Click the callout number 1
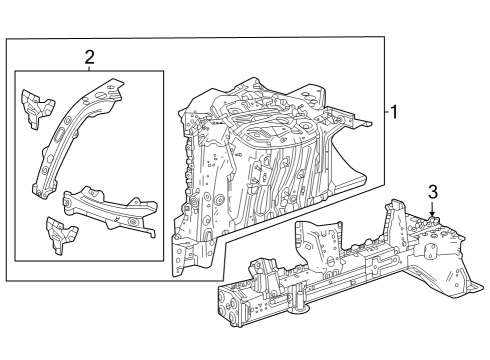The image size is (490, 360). (396, 113)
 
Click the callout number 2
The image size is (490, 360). (89, 57)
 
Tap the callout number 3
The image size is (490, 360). (432, 191)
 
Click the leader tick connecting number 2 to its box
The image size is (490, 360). (89, 68)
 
